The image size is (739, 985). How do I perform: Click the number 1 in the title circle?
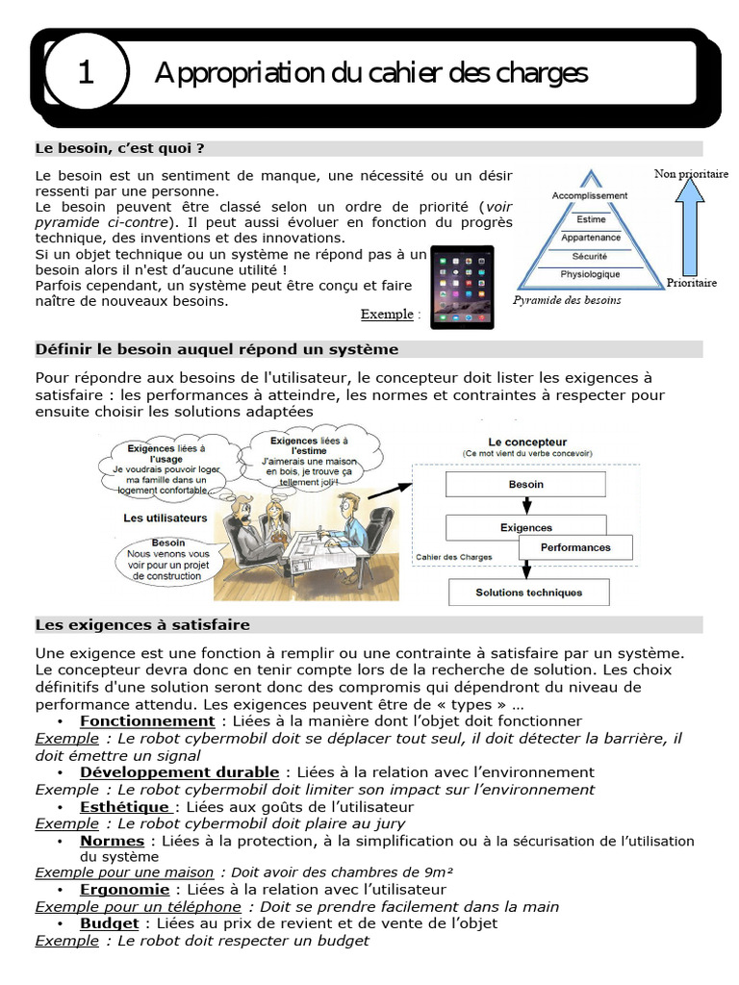[86, 73]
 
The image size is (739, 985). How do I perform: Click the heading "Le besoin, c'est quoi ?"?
[119, 148]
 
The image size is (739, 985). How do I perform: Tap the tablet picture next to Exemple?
[461, 287]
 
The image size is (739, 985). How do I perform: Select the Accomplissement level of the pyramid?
[589, 195]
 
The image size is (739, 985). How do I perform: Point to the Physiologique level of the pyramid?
[590, 275]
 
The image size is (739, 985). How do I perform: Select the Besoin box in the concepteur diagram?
[525, 485]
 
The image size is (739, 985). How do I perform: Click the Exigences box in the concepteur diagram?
[525, 527]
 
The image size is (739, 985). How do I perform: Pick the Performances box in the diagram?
[575, 547]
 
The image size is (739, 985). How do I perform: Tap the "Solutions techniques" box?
[528, 593]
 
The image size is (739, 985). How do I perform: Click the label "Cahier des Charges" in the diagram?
[454, 556]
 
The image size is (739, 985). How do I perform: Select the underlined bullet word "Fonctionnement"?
[147, 720]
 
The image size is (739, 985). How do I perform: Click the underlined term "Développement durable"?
[179, 771]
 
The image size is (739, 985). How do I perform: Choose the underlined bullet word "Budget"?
[109, 923]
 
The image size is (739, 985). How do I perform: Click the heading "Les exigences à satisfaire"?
[142, 624]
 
